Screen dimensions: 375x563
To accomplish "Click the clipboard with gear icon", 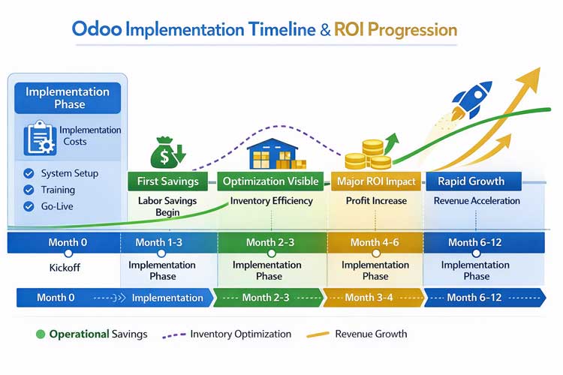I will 38,137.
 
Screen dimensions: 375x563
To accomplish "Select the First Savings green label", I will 168,181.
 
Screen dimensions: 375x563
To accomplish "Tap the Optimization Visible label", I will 271,181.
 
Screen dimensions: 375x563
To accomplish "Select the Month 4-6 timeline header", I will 375,242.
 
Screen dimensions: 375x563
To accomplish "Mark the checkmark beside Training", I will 29,190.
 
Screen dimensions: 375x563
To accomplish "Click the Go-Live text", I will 58,206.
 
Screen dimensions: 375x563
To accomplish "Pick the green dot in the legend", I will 40,334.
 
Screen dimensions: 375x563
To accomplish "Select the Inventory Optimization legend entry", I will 240,334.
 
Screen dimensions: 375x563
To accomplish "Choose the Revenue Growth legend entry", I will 371,334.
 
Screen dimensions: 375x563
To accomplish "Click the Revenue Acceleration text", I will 477,201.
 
